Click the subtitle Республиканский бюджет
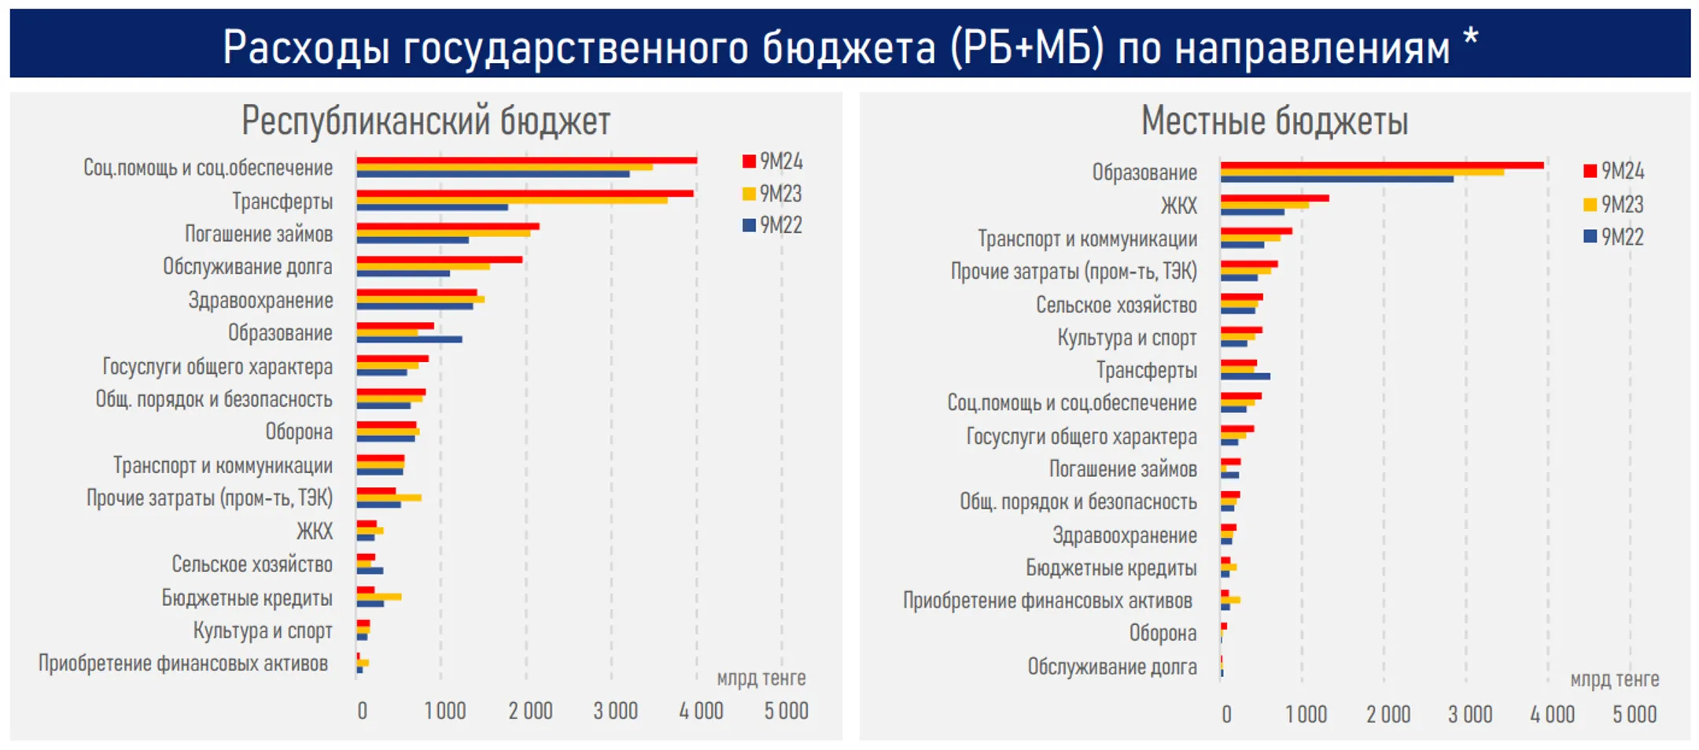click(x=426, y=121)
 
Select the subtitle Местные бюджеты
click(x=1274, y=121)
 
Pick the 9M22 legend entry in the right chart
click(x=1613, y=237)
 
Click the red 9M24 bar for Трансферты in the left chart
click(x=525, y=194)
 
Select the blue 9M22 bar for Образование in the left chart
click(x=409, y=339)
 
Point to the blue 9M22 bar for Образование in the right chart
click(x=1337, y=179)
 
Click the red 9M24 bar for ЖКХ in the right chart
click(x=1274, y=198)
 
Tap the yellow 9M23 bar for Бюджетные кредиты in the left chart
click(x=378, y=597)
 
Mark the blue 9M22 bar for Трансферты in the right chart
click(x=1245, y=376)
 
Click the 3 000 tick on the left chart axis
click(x=615, y=711)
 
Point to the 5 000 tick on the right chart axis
click(x=1634, y=714)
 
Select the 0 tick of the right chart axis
click(x=1226, y=714)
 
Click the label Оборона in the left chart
click(x=298, y=432)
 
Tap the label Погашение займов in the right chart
click(x=1122, y=469)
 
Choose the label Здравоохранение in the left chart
click(x=260, y=301)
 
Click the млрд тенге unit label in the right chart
click(x=1614, y=679)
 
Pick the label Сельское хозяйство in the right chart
click(x=1115, y=305)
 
